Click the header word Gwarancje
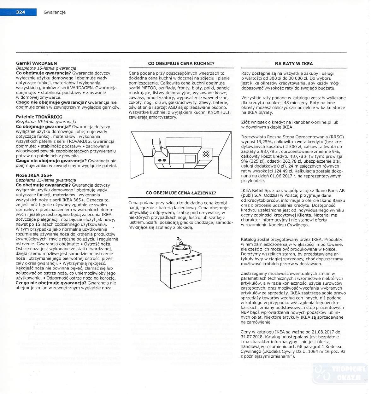pos(55,12)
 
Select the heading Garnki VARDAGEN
pos(36,63)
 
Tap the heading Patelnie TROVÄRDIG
pos(39,117)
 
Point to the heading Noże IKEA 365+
pos(34,175)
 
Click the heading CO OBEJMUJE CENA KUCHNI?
pos(181,63)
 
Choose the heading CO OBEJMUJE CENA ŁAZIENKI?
pos(181,193)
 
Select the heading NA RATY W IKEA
pos(294,63)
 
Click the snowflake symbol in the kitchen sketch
pos(206,154)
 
